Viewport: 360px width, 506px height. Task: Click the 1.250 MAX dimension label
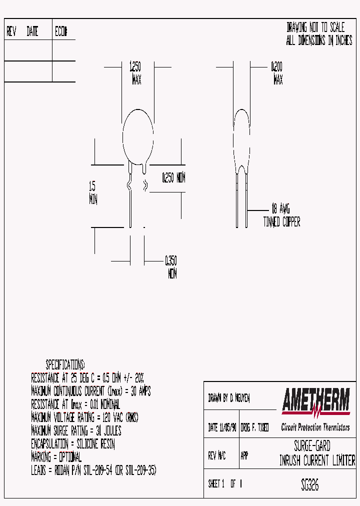[136, 73]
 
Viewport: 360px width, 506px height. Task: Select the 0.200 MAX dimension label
[277, 73]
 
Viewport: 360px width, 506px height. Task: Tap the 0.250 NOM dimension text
[173, 178]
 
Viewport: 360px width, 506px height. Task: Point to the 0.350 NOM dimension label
[171, 267]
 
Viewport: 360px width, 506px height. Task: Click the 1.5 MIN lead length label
[93, 193]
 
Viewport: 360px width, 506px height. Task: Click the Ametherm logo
[315, 401]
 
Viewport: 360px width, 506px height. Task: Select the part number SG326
[310, 484]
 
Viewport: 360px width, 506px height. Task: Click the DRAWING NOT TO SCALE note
[315, 27]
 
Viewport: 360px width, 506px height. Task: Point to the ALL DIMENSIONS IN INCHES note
[319, 41]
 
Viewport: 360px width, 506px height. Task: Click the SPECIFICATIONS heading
[65, 364]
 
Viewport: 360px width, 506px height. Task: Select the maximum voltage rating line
[84, 417]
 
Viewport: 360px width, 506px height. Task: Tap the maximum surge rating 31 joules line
[76, 430]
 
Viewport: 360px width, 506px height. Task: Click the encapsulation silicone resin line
[73, 444]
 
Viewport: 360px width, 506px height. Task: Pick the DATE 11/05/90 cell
[221, 428]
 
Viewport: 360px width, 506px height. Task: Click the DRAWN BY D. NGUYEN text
[228, 398]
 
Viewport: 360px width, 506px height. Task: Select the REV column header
[11, 32]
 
